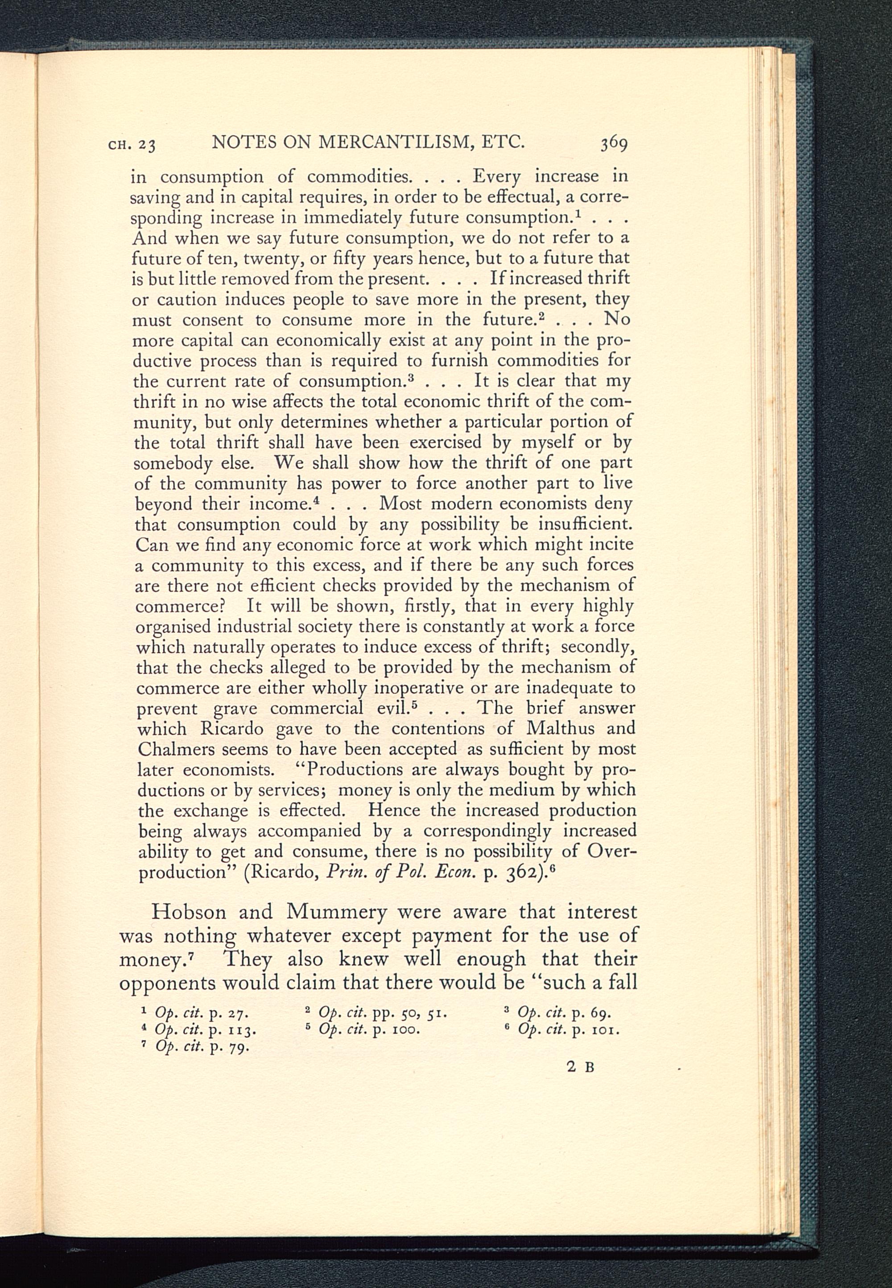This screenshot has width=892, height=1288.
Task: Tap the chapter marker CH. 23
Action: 132,145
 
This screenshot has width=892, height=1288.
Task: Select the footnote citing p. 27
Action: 196,1013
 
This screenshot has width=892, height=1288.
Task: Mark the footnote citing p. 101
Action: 563,1029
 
